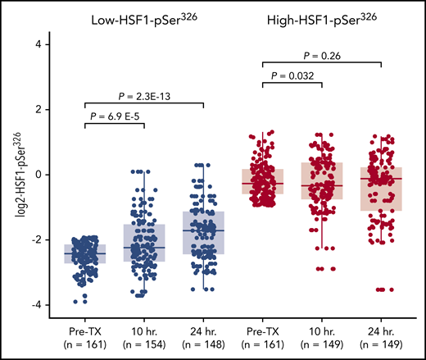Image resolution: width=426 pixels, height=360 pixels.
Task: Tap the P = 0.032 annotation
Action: [x=291, y=71]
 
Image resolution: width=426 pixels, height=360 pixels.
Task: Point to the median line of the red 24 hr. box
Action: [x=386, y=178]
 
